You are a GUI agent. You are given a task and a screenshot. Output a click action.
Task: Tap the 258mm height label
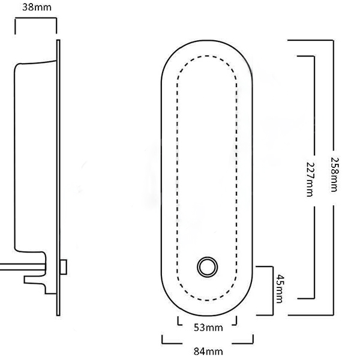point(334,175)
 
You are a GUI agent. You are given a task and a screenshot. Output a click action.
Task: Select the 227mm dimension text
point(310,178)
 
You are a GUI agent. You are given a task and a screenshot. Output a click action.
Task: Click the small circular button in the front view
point(207,266)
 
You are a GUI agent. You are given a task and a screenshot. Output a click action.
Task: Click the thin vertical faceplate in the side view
point(58,180)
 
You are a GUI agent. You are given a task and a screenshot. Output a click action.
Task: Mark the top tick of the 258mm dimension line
point(312,40)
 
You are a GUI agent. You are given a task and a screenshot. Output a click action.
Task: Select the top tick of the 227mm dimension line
point(306,55)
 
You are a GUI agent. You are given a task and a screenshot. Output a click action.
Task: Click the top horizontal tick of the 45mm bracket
point(266,265)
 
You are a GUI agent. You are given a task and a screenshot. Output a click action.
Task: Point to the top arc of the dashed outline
point(206,57)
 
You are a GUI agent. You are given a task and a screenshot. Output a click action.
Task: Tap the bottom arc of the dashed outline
point(207,298)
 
